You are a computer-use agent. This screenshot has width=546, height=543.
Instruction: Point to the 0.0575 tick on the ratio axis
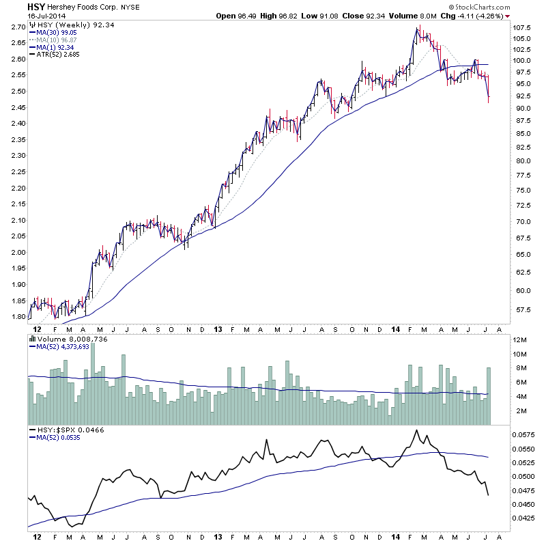pos(524,434)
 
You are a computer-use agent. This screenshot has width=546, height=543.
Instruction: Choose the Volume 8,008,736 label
pos(66,338)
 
